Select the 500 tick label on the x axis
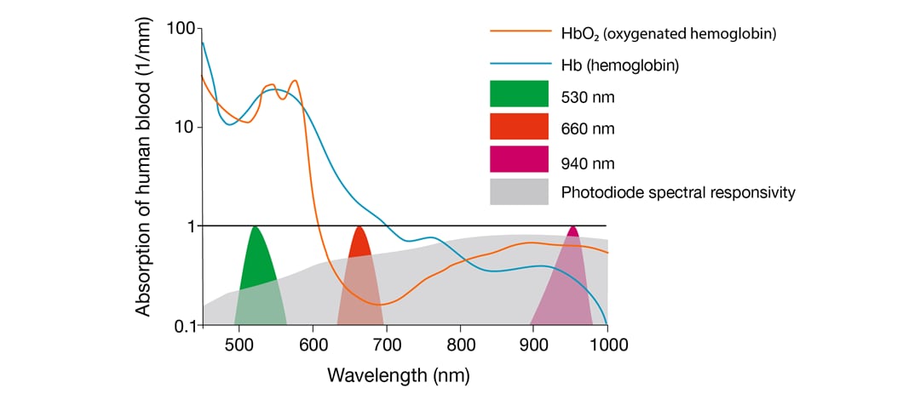(239, 345)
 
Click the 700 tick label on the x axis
(386, 345)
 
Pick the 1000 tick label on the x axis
(607, 345)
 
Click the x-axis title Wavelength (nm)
(399, 374)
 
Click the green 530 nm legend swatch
(519, 94)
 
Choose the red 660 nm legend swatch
(519, 127)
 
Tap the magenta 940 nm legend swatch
(519, 159)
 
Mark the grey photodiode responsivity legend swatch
(519, 191)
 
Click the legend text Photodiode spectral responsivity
(678, 192)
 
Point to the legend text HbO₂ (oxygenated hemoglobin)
(669, 33)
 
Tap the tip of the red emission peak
(359, 227)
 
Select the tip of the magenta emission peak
(573, 227)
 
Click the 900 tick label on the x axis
(533, 345)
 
